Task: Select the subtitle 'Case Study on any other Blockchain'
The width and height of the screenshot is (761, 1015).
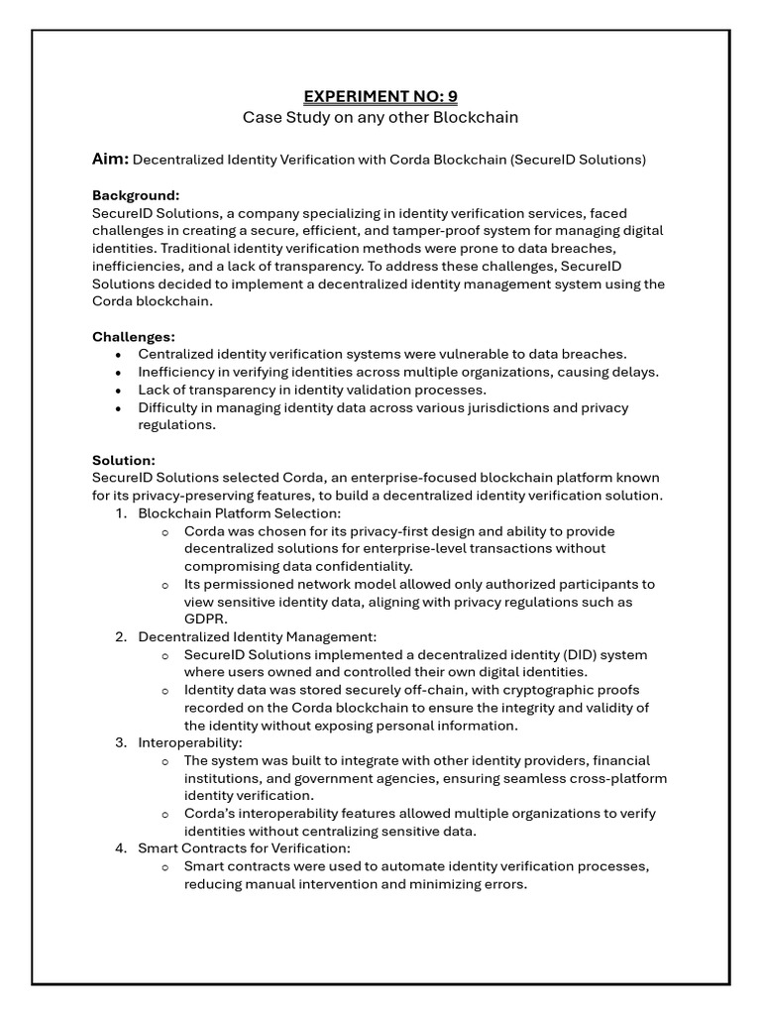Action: point(380,118)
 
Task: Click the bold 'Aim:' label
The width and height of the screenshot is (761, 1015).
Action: point(110,160)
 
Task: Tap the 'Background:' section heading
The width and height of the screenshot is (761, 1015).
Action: point(136,195)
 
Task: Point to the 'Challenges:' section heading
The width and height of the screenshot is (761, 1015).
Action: point(134,337)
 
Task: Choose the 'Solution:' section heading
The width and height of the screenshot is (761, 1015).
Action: point(124,461)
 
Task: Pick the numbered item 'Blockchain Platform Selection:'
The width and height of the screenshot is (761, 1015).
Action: point(239,513)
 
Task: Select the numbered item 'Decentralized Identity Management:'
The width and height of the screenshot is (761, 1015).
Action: point(257,637)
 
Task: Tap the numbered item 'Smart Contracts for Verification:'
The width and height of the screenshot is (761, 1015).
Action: point(244,848)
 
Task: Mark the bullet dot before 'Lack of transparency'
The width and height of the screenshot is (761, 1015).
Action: point(119,391)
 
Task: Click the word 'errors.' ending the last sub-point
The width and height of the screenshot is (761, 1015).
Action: point(502,884)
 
